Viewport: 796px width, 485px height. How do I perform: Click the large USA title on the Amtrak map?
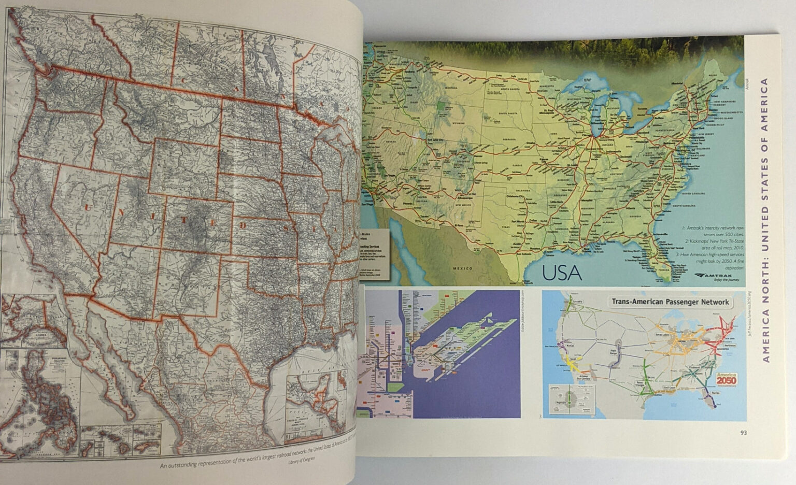click(562, 273)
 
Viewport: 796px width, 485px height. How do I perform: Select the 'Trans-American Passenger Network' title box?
click(671, 302)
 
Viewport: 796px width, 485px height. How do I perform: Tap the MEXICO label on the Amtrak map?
click(462, 268)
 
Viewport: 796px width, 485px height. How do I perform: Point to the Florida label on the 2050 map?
click(717, 394)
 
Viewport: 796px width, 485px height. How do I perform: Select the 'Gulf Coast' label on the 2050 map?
click(669, 387)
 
